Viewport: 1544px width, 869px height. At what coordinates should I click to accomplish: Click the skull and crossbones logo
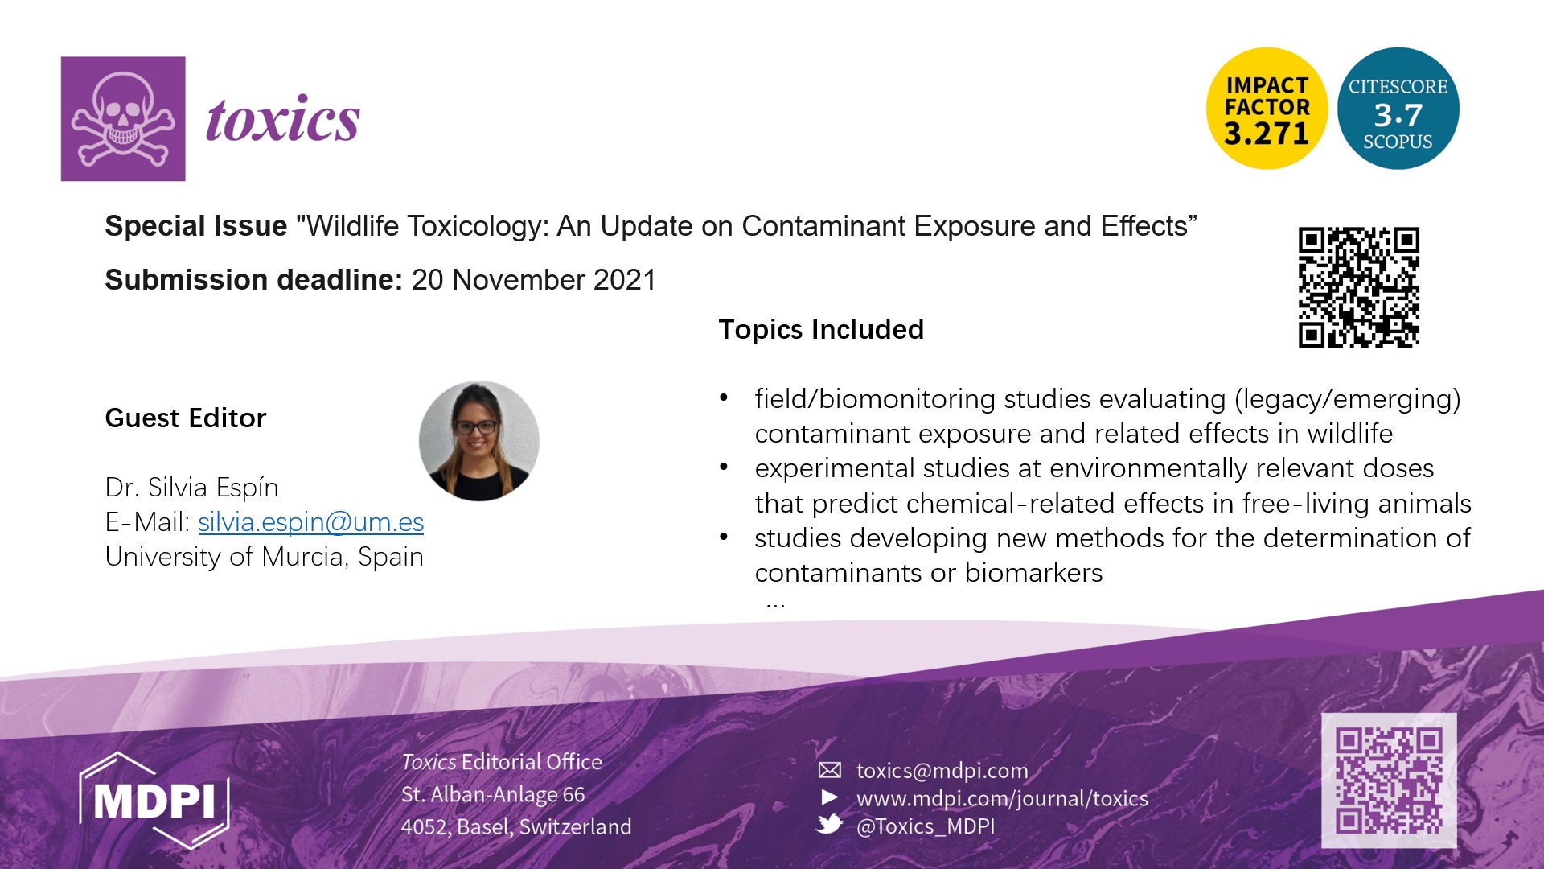click(x=123, y=118)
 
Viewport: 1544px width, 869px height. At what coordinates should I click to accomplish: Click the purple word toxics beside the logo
click(x=283, y=119)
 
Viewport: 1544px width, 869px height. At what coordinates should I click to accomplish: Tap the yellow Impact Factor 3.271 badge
click(x=1267, y=109)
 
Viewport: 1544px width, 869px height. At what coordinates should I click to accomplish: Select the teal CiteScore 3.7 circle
click(x=1398, y=109)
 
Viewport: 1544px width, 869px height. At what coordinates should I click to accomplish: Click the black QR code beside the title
click(x=1358, y=287)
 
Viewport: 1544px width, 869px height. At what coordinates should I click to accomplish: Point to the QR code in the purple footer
click(x=1389, y=780)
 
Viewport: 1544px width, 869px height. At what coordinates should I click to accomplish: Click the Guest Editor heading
click(x=186, y=418)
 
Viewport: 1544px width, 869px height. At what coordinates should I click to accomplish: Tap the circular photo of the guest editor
click(x=479, y=441)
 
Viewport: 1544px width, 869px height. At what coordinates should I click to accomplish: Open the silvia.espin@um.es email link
click(x=311, y=522)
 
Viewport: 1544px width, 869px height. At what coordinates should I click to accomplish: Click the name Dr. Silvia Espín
click(x=192, y=488)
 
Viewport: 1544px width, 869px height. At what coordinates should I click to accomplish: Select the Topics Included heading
click(x=821, y=330)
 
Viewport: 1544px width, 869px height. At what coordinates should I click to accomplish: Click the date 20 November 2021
click(x=534, y=280)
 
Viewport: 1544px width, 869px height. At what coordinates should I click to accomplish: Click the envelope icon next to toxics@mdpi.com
click(x=830, y=770)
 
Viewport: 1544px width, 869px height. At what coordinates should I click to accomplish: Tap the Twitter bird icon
click(x=829, y=824)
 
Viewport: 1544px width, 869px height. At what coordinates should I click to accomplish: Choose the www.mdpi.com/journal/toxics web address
click(x=1002, y=798)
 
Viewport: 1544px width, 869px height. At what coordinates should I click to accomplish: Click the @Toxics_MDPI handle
click(x=926, y=826)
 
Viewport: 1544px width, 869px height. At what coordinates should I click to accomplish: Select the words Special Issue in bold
click(x=196, y=226)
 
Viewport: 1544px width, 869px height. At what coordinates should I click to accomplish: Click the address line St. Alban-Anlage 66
click(x=493, y=794)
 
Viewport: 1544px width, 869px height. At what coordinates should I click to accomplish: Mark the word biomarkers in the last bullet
click(x=1034, y=573)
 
